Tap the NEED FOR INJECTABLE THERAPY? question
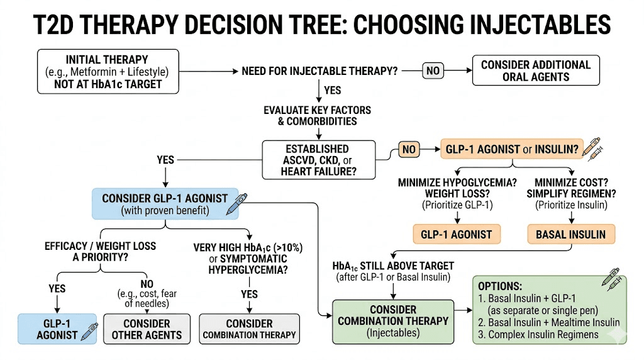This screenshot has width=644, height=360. (x=319, y=71)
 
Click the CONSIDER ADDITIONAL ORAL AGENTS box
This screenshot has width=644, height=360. (x=535, y=71)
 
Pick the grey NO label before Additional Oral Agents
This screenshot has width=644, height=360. (x=433, y=71)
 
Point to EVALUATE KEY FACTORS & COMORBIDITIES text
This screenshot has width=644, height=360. (x=317, y=116)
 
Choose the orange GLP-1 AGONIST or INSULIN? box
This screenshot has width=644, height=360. (x=513, y=150)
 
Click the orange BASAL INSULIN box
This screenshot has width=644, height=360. (x=571, y=235)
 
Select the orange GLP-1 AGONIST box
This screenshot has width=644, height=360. (x=457, y=235)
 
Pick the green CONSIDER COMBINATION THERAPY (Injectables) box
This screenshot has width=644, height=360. (x=393, y=320)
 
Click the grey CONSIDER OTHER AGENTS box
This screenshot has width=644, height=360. (x=147, y=329)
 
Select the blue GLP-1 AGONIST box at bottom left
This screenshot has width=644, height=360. (x=57, y=329)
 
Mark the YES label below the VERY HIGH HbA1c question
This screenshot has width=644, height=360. (x=250, y=294)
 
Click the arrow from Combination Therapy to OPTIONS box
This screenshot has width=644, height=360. (x=463, y=311)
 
